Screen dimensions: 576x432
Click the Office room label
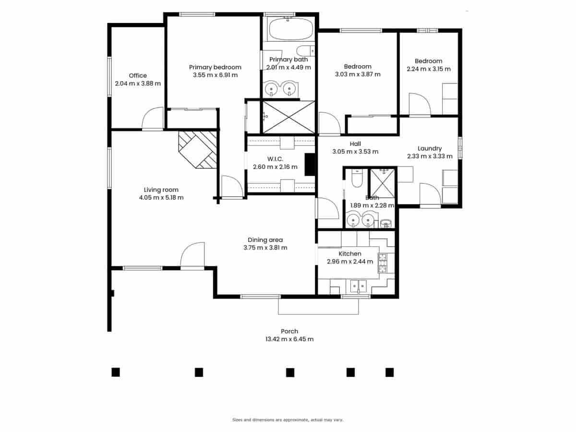138,75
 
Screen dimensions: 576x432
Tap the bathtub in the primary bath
291,29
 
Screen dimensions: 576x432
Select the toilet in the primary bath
306,50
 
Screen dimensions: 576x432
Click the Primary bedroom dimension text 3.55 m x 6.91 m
215,75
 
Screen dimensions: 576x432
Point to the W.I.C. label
275,159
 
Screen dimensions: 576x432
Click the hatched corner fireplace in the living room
198,149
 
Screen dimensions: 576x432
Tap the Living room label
161,190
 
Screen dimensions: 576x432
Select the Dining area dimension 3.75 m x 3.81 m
265,248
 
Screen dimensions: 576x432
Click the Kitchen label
350,253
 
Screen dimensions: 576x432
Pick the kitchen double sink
359,286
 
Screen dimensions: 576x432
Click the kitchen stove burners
383,263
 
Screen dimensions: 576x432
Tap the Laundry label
430,148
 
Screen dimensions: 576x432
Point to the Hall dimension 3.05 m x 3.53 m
355,152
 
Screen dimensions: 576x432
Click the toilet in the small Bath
357,178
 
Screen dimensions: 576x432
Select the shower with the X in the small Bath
383,183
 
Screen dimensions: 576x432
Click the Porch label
289,331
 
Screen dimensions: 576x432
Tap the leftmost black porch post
116,372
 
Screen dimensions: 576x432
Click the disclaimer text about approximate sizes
288,420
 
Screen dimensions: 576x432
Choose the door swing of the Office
153,118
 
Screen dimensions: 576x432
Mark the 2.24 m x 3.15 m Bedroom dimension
429,69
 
